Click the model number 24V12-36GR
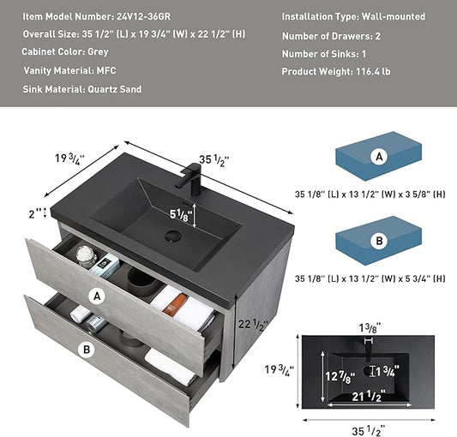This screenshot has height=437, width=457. click(144, 16)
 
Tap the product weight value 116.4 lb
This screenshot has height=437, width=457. click(373, 71)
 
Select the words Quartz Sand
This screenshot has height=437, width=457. click(115, 89)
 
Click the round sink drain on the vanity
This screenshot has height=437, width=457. click(173, 236)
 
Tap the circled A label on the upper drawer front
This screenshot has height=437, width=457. click(97, 296)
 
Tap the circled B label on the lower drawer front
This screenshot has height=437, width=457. click(87, 350)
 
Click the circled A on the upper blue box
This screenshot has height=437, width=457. click(379, 157)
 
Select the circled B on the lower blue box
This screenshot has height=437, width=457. click(379, 241)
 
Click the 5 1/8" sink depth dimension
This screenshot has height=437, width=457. click(181, 215)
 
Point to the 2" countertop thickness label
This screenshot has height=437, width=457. click(35, 214)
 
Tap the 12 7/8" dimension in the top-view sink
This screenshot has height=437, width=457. click(340, 377)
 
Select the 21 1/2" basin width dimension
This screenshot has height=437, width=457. click(369, 396)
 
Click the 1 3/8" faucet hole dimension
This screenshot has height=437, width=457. click(370, 328)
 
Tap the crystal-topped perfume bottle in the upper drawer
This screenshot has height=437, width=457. click(87, 256)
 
